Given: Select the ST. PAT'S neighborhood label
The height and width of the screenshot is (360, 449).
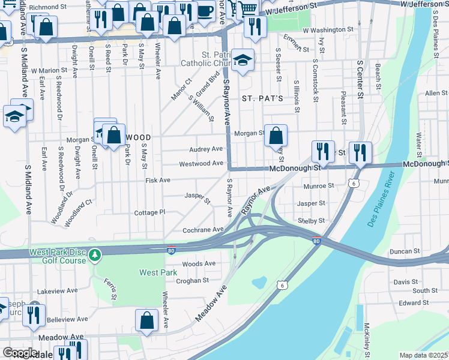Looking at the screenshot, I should pos(262,98).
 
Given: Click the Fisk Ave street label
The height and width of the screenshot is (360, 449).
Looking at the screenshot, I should pos(157,180).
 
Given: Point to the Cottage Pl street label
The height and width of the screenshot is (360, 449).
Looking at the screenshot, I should pos(149,212).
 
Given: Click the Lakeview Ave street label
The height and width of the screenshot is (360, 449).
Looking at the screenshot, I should pos(58,290).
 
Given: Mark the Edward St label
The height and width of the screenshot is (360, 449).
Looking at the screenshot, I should pos(414,303).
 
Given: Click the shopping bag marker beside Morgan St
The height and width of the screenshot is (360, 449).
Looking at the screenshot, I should pos(276,136).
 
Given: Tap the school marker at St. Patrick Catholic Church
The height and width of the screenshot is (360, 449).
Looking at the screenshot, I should pos(243,61).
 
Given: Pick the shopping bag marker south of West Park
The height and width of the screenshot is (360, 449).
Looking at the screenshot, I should pos(146,321).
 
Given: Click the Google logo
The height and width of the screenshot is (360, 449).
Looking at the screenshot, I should pos(20,353).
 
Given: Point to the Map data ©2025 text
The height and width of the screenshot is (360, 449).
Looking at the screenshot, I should pos(423,355).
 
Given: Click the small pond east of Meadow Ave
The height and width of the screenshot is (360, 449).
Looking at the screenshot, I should pos(259,282).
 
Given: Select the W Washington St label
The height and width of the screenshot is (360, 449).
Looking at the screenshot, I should pos(328,29).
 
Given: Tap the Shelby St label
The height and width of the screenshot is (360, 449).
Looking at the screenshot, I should pos(311,221).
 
